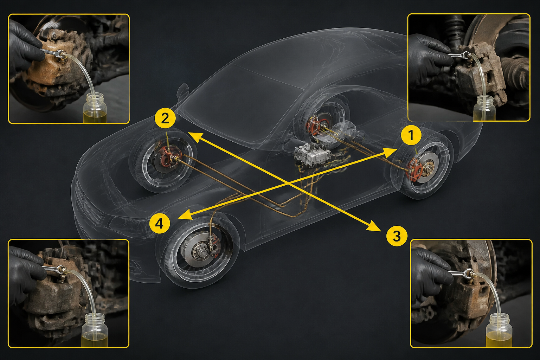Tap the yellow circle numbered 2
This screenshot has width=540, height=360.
click(x=165, y=118)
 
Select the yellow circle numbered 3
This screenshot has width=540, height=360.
click(x=397, y=236)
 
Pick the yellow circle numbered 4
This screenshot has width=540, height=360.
click(x=160, y=224)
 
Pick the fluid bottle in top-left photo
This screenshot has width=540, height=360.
click(x=95, y=109)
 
